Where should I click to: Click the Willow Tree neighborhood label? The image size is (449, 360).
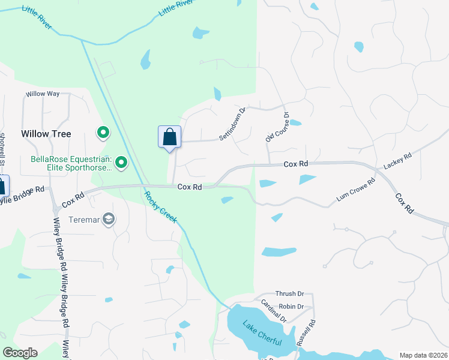click(x=46, y=134)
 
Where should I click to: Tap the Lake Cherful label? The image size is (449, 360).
click(x=262, y=333)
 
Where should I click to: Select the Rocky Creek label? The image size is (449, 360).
click(x=160, y=206)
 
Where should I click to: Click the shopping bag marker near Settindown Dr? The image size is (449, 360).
click(x=170, y=137)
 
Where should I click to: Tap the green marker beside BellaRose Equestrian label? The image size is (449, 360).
click(x=121, y=162)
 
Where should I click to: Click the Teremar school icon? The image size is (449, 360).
click(x=109, y=220)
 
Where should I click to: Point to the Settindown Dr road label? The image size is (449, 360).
click(x=232, y=124)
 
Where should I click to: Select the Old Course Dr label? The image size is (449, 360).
click(x=277, y=127)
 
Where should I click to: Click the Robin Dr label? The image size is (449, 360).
click(x=292, y=307)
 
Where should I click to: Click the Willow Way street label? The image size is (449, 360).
click(x=42, y=94)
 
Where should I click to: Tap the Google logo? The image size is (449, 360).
click(x=20, y=353)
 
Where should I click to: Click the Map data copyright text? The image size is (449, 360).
click(x=423, y=355)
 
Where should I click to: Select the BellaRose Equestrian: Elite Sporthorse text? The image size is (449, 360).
click(x=71, y=164)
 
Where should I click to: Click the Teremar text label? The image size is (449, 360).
click(x=84, y=220)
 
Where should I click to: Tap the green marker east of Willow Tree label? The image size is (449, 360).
click(x=103, y=132)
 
